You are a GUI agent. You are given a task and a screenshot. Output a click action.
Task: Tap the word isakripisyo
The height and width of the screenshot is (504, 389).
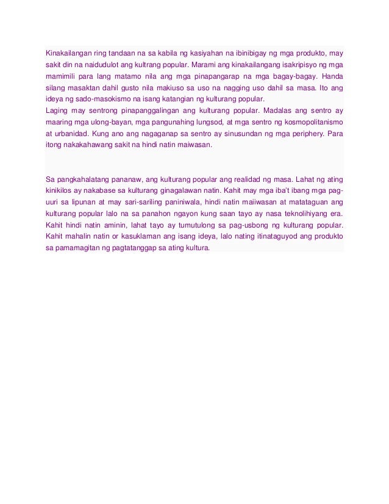(300, 64)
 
